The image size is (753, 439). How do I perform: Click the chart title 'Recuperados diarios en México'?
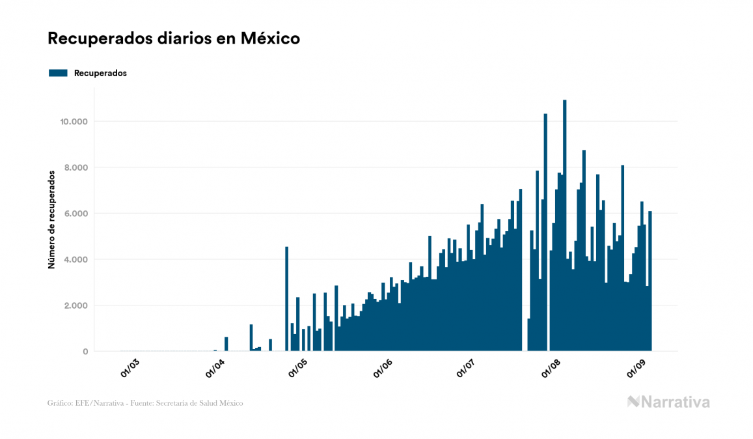coord(174,38)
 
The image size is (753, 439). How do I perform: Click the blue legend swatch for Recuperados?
coord(58,73)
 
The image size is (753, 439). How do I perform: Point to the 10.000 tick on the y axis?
coord(74,122)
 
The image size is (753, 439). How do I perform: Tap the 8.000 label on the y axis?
coord(76,167)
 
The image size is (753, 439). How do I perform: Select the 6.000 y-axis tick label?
coord(76,214)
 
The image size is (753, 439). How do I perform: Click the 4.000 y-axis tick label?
coord(76,259)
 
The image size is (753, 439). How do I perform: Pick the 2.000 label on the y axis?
coord(76,305)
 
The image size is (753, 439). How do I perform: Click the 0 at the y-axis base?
coord(85,352)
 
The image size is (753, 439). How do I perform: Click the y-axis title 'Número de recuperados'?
coord(51,219)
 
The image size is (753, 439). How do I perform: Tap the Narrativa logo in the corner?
coord(668,402)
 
